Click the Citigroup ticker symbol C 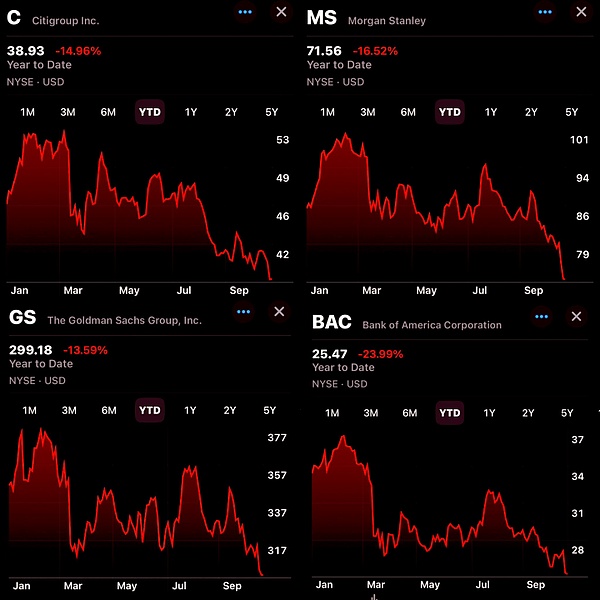point(14,17)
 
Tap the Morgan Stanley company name point(387,20)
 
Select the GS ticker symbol point(22,317)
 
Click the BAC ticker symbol point(332,322)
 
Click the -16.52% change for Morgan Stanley point(376,50)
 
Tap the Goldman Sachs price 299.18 point(30,350)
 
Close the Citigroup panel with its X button point(281,12)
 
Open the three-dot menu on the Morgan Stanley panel point(545,12)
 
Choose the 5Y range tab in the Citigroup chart point(272,112)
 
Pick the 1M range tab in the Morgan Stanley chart point(327,112)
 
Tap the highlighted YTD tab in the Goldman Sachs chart point(149,410)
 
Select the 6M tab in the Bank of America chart point(410,413)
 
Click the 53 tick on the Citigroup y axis point(282,140)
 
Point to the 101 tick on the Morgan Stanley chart point(579,140)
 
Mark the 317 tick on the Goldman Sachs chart point(276,550)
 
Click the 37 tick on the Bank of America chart point(577,440)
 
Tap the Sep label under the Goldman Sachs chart point(232,586)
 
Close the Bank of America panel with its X point(576,316)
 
